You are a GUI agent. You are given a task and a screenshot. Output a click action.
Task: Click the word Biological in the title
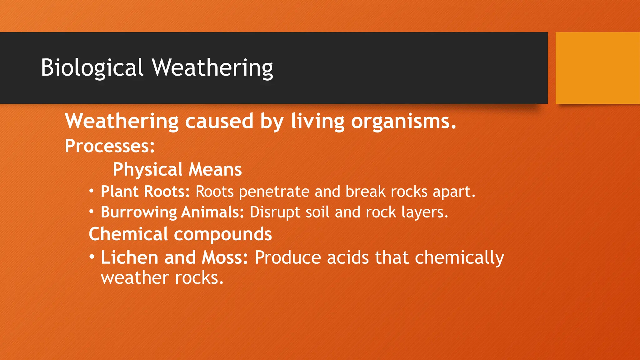click(92, 67)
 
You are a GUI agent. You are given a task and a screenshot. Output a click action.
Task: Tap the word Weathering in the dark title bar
click(212, 67)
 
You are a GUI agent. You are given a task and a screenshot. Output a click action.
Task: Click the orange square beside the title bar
click(597, 67)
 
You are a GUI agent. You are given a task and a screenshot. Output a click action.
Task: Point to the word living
click(317, 121)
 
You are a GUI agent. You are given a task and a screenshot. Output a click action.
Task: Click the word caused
click(219, 121)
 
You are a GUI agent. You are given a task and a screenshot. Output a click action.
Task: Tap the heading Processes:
click(110, 146)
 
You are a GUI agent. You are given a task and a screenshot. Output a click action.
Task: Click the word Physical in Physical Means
click(147, 169)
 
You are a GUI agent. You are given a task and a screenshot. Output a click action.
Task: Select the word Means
click(215, 169)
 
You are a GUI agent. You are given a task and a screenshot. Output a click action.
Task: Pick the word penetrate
click(274, 192)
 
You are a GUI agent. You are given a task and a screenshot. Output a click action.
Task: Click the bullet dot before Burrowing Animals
click(91, 212)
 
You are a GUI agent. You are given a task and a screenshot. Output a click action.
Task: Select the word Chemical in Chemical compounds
click(128, 234)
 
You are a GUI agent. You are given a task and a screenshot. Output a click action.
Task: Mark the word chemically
click(459, 258)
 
